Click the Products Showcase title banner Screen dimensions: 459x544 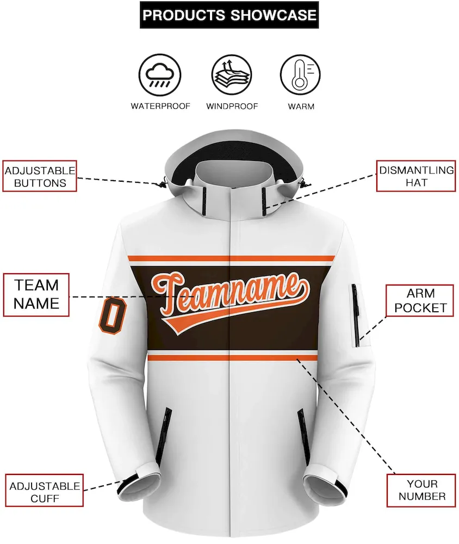click(229, 15)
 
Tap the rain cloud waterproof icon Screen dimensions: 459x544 click(159, 75)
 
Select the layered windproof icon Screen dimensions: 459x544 click(232, 75)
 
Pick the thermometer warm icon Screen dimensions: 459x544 click(300, 75)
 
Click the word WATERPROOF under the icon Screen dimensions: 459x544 click(160, 106)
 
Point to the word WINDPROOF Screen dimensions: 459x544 click(232, 107)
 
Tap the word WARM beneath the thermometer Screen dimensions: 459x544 click(301, 107)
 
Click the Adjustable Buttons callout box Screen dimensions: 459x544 click(40, 176)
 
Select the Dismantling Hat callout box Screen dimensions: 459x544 click(416, 176)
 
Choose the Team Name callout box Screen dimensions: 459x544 click(36, 295)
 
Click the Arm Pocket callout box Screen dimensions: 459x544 click(420, 300)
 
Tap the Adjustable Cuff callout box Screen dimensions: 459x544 click(45, 491)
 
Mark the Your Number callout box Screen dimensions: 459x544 click(421, 490)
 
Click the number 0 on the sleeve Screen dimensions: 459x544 click(113, 316)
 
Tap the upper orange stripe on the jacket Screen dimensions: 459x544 click(232, 258)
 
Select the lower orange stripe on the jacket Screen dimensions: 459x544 click(232, 358)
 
